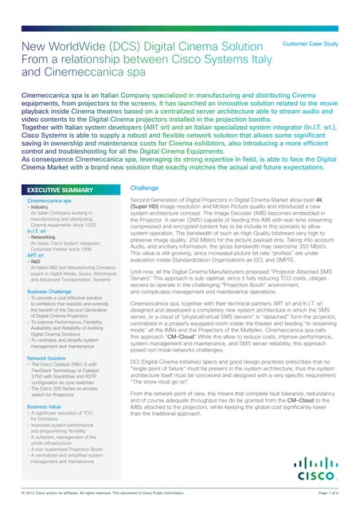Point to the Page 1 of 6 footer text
point(327,494)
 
